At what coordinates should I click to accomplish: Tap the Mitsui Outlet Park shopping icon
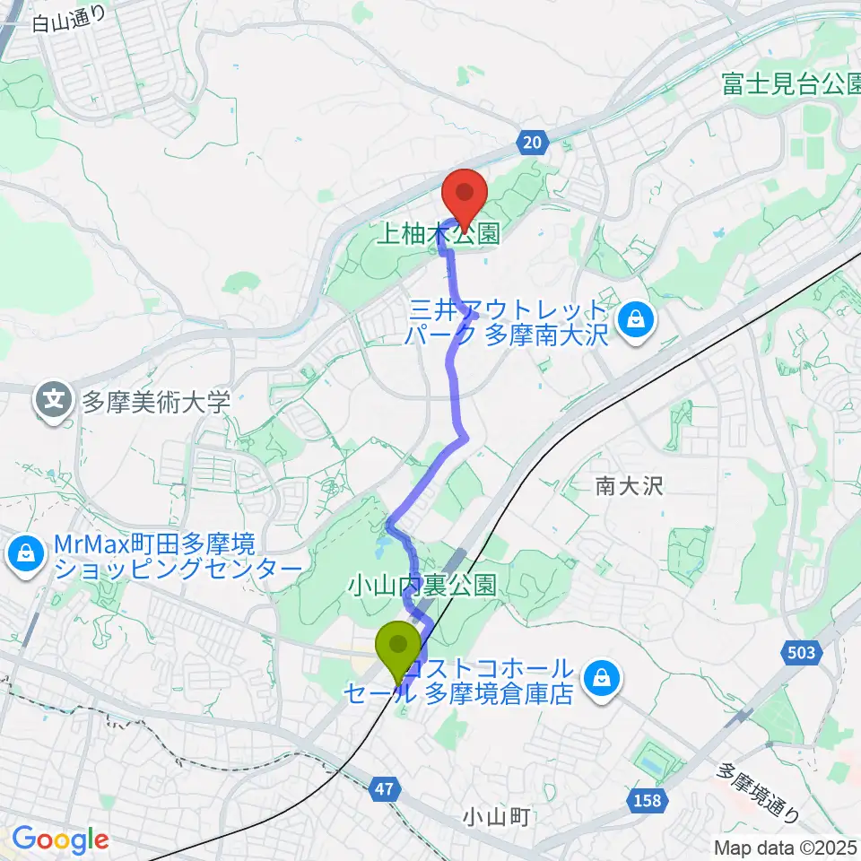coord(636,318)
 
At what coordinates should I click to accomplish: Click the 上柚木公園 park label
coord(438,236)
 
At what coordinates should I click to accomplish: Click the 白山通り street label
coord(69,19)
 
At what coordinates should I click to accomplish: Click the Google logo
coord(59,839)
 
